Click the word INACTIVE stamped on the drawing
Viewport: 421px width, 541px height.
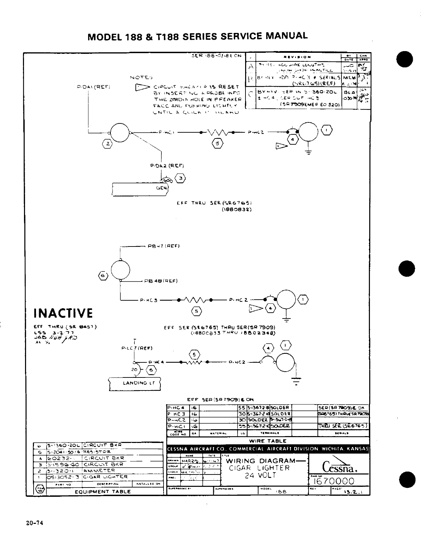[x=63, y=313]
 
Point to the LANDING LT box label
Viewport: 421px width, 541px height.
[x=135, y=383]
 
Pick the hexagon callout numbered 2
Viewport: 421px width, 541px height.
[x=108, y=144]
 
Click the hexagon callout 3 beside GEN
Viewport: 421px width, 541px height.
[x=181, y=178]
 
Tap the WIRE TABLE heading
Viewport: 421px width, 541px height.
[x=267, y=441]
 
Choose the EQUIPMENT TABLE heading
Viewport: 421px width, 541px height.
[x=103, y=491]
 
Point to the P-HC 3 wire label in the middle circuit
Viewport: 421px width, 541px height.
[x=149, y=300]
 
